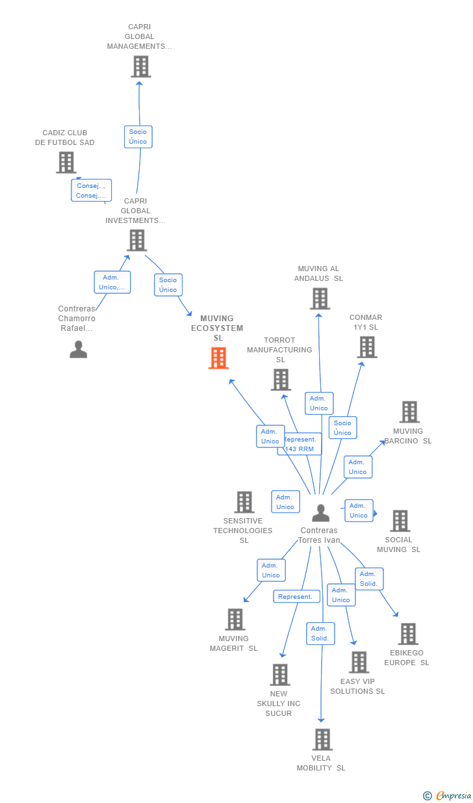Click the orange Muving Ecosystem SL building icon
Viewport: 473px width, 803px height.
coord(218,358)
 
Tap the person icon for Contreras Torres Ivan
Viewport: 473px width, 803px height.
coord(320,513)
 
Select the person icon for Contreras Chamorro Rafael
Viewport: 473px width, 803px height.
coord(78,349)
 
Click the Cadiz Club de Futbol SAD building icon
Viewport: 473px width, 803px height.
coord(66,163)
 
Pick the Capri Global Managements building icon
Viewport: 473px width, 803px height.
coord(140,66)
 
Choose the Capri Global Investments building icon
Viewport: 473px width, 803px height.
coord(136,240)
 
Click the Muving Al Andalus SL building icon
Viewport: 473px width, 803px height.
coord(319,298)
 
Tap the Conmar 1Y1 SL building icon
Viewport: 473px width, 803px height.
coord(367,347)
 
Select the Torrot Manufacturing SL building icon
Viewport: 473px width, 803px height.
coord(281,380)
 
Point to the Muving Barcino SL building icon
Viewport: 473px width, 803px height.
coord(409,412)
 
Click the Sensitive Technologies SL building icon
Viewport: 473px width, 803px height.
coord(244,502)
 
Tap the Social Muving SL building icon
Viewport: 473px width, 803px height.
coord(400,521)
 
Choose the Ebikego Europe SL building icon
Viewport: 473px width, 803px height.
coord(407,634)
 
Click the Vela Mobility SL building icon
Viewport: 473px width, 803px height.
coord(322,739)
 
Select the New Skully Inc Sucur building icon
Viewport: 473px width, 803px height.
coord(279,675)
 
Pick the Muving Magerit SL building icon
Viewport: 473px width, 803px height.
coord(235,620)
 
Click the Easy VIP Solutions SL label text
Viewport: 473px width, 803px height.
coord(357,686)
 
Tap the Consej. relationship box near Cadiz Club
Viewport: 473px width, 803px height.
coord(91,191)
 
